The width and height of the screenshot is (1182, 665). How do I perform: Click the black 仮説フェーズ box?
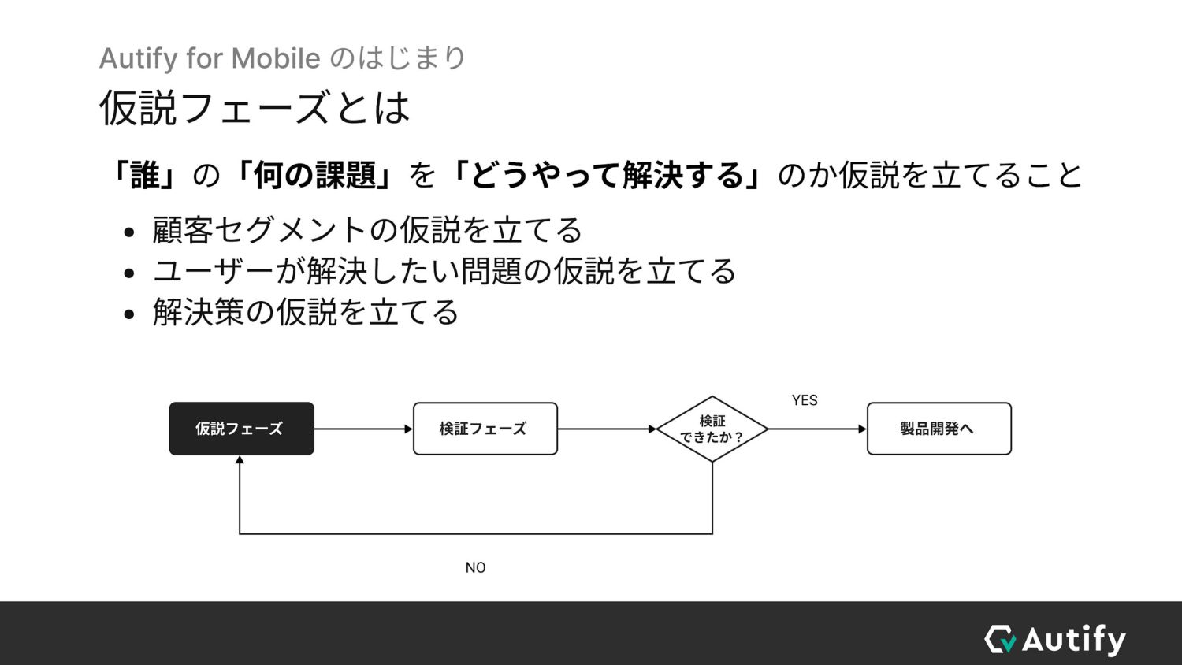pyautogui.click(x=241, y=429)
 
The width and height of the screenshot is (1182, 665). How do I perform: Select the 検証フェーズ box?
pyautogui.click(x=485, y=429)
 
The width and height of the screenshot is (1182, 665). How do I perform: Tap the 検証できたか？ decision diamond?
pyautogui.click(x=712, y=429)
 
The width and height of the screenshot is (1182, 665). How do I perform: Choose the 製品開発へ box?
pyautogui.click(x=939, y=429)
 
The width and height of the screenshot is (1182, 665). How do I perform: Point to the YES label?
pyautogui.click(x=805, y=400)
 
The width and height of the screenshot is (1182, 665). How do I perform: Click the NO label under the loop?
pyautogui.click(x=475, y=567)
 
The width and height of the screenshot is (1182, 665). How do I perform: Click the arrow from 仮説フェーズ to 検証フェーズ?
pyautogui.click(x=362, y=429)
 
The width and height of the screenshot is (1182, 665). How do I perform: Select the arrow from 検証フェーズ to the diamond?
pyautogui.click(x=607, y=429)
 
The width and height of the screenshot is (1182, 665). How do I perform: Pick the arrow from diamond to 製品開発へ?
pyautogui.click(x=817, y=429)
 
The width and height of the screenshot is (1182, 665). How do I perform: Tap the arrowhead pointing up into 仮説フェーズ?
pyautogui.click(x=240, y=460)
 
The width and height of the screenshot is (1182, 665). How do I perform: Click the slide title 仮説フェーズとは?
pyautogui.click(x=255, y=108)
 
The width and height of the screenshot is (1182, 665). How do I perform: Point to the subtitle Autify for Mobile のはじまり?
pyautogui.click(x=283, y=58)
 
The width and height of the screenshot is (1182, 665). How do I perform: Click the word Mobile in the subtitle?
pyautogui.click(x=275, y=58)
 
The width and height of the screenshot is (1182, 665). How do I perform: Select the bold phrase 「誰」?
pyautogui.click(x=144, y=175)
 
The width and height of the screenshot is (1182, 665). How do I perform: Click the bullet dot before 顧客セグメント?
pyautogui.click(x=130, y=233)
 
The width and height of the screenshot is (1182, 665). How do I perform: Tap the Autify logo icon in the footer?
pyautogui.click(x=1000, y=639)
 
